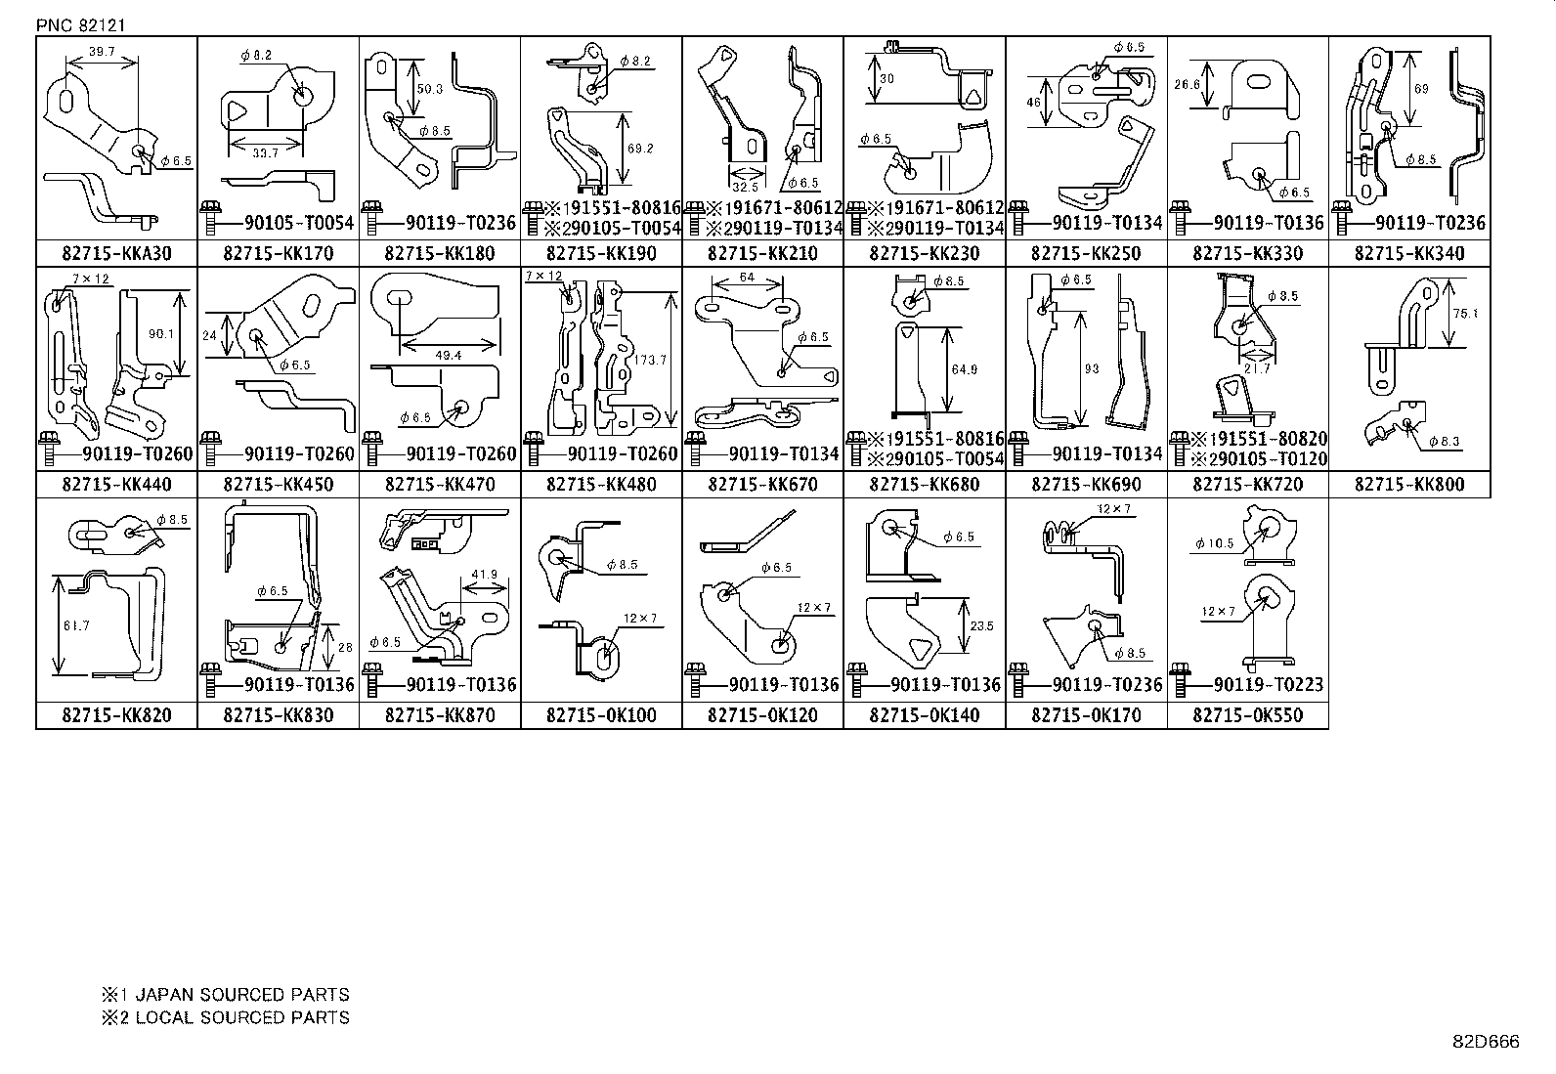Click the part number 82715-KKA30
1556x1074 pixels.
pos(116,254)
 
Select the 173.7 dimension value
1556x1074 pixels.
pos(650,361)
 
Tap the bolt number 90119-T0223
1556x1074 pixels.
pos(1257,685)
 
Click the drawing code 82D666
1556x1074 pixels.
pos(1486,1042)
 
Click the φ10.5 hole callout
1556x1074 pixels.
pos(1215,543)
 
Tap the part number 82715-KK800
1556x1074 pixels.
pos(1409,485)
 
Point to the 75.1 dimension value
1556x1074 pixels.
pos(1465,315)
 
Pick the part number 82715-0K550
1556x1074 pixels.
pos(1247,715)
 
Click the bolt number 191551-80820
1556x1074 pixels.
pos(1264,439)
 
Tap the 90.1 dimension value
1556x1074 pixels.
pos(160,334)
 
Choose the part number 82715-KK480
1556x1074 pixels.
pos(601,485)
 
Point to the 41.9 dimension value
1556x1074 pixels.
pos(484,574)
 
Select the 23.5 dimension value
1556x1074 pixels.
pos(983,626)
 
